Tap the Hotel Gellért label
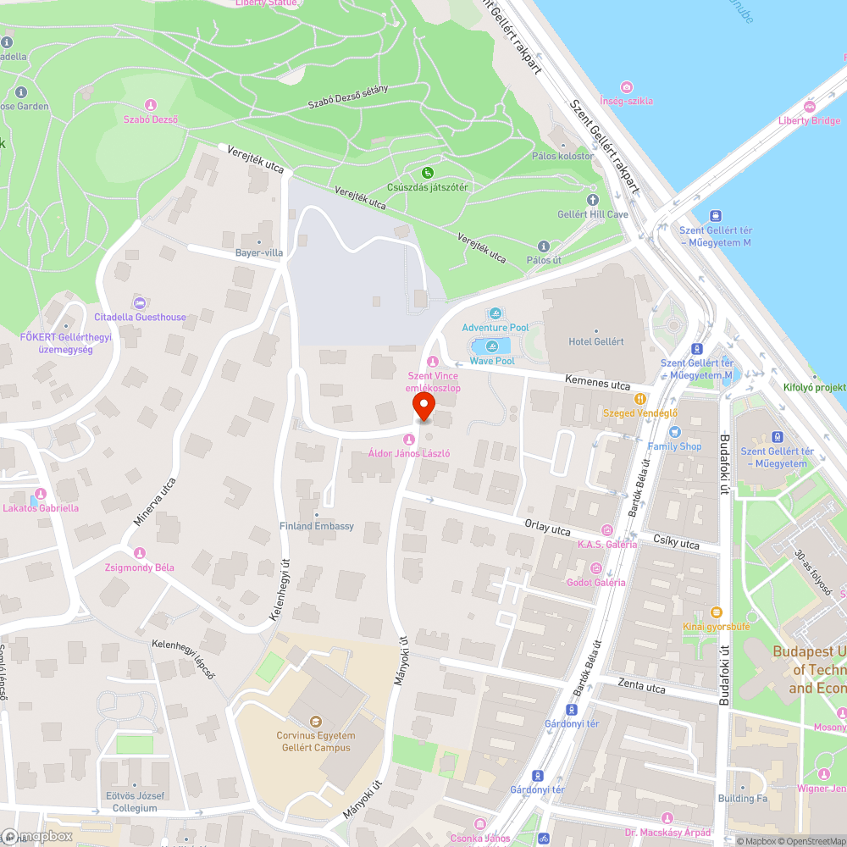[595, 341]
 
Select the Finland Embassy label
[317, 526]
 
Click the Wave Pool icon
[492, 346]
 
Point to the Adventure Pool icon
[495, 314]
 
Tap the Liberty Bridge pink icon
[810, 107]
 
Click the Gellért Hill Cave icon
[592, 201]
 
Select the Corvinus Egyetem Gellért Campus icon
[316, 722]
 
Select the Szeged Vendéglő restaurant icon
[640, 399]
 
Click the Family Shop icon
[674, 432]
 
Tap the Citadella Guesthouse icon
[140, 303]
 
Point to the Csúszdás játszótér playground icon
[428, 173]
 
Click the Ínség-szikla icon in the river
[626, 87]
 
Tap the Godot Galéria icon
[596, 568]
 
